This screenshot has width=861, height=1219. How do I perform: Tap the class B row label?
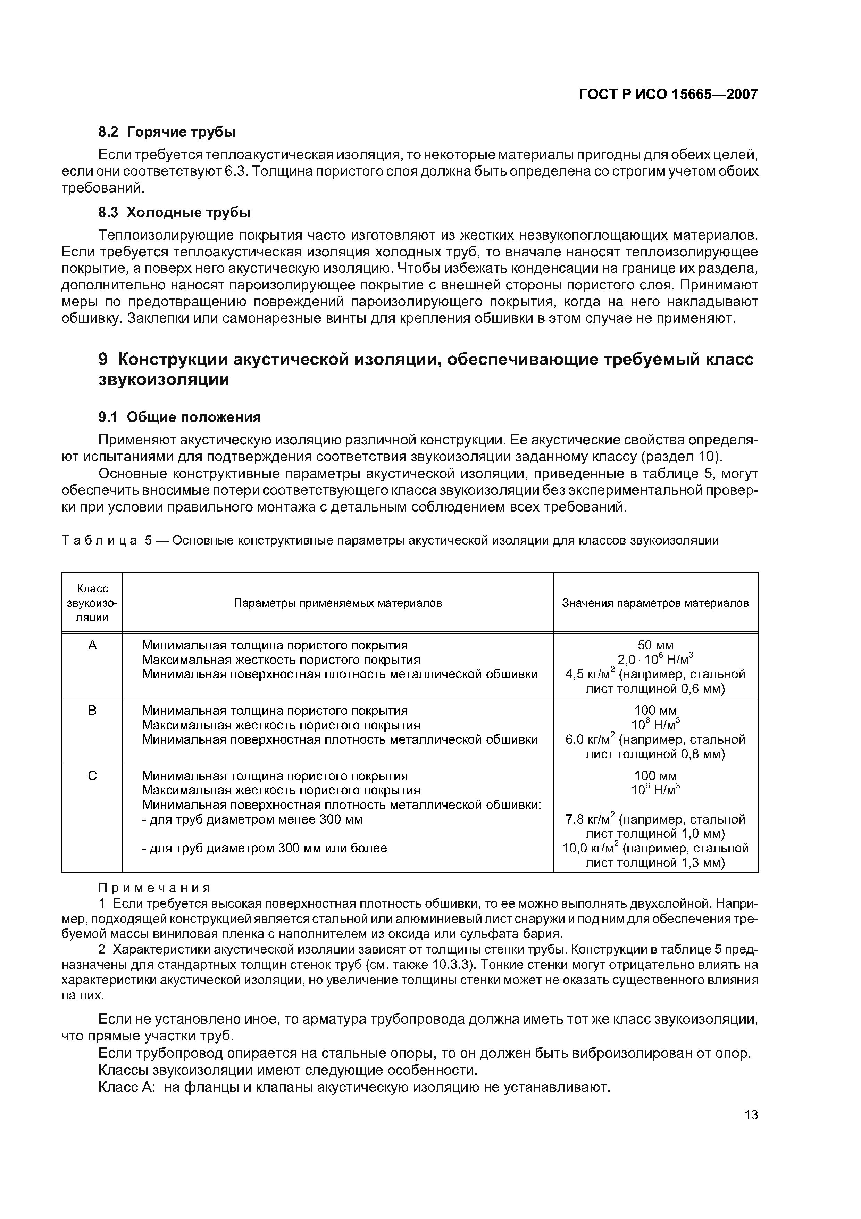[92, 710]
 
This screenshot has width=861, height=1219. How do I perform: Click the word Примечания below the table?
[154, 888]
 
